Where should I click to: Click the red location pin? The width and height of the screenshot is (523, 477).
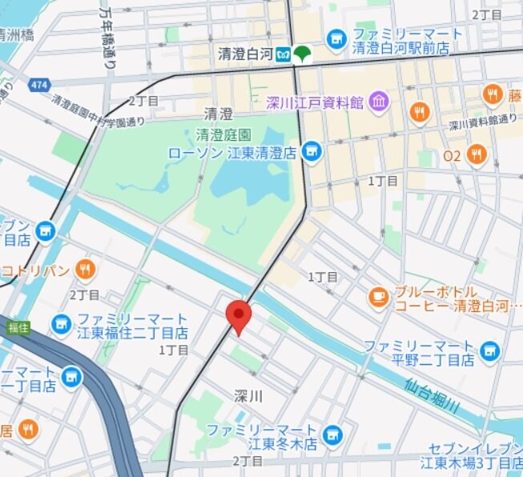click(238, 316)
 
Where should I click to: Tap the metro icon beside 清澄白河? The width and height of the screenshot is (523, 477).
click(284, 54)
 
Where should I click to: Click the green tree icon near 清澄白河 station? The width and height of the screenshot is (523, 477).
click(303, 54)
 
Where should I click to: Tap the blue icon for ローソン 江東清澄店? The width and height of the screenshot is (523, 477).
click(312, 150)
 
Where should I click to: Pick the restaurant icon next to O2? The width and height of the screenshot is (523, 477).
click(477, 154)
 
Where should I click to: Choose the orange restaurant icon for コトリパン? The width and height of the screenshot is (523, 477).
click(85, 270)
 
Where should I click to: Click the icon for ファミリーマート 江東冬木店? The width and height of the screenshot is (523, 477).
click(333, 436)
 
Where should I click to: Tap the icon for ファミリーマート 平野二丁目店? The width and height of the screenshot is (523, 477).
click(489, 351)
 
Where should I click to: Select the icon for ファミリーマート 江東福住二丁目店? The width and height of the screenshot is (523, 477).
click(61, 324)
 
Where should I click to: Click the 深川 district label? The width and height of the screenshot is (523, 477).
click(249, 396)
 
